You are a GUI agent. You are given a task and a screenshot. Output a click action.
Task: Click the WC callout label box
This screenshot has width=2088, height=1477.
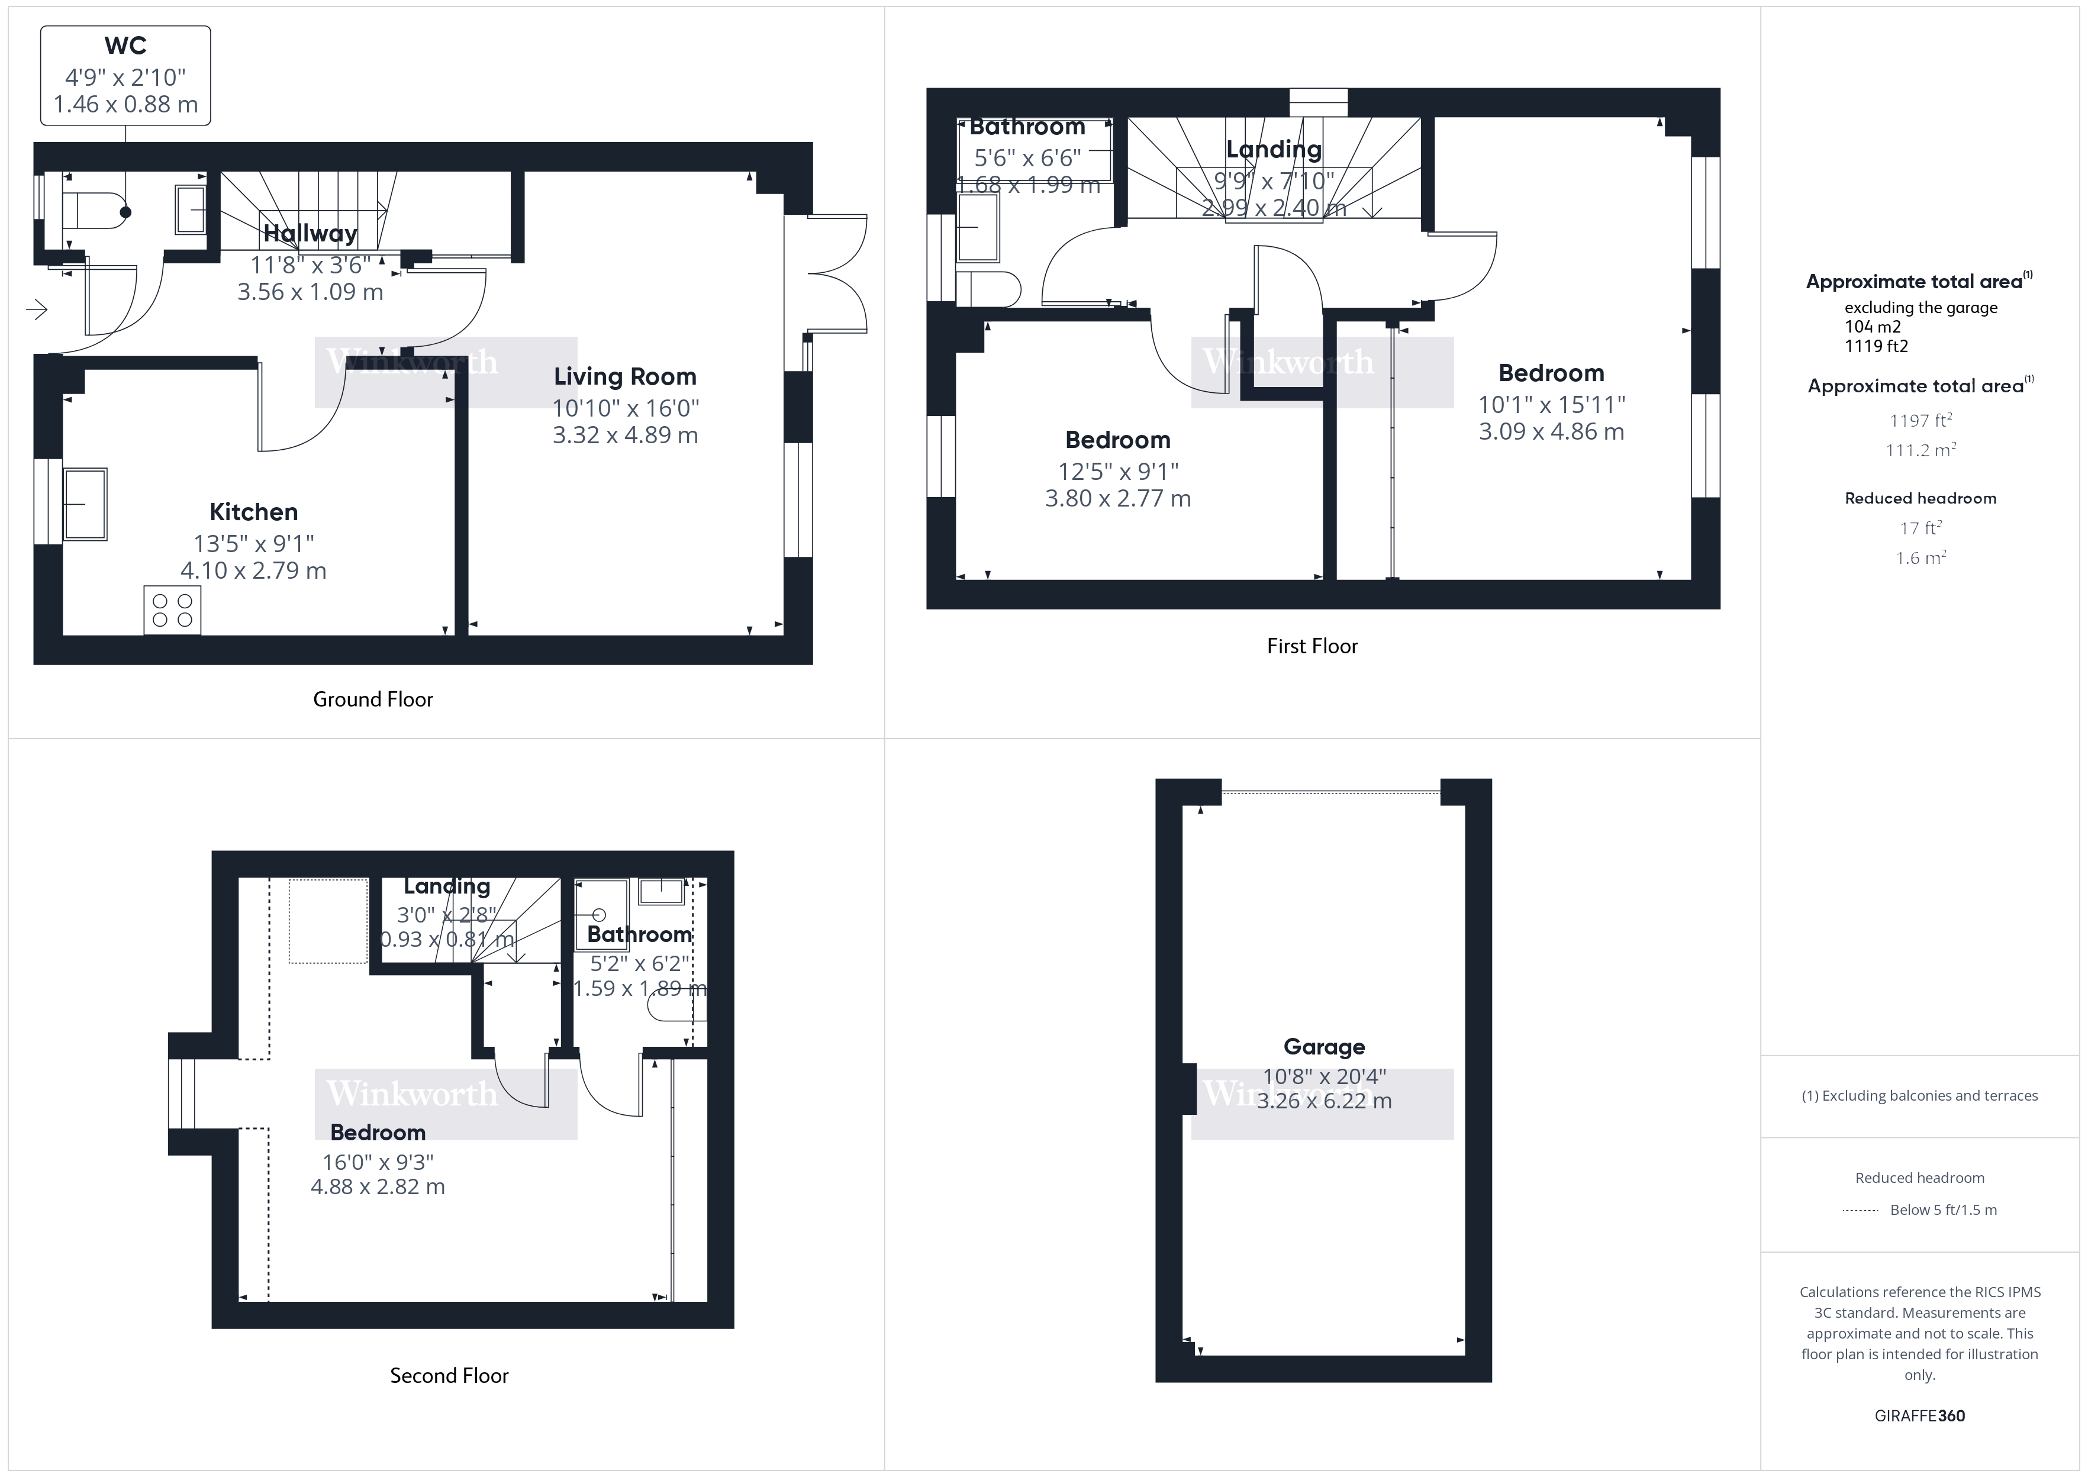pyautogui.click(x=125, y=76)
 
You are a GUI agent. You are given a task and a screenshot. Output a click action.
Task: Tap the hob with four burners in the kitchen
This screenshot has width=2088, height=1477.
pyautogui.click(x=172, y=610)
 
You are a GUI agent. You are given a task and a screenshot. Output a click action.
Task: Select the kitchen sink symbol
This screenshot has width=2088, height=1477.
pyautogui.click(x=85, y=504)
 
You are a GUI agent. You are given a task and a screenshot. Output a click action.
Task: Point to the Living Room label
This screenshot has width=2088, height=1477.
pyautogui.click(x=625, y=376)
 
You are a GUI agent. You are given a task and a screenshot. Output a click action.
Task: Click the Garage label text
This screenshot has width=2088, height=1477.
pyautogui.click(x=1323, y=1047)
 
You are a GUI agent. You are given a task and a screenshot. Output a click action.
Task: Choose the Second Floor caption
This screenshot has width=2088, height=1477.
pyautogui.click(x=449, y=1376)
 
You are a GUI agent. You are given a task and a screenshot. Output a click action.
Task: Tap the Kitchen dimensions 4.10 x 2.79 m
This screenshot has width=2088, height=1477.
pyautogui.click(x=253, y=571)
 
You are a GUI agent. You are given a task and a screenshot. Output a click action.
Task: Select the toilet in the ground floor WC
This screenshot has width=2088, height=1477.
pyautogui.click(x=95, y=212)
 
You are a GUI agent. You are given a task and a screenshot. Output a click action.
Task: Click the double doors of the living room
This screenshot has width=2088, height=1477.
pyautogui.click(x=837, y=273)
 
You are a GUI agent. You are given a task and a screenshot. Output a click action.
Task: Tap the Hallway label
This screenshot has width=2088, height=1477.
pyautogui.click(x=310, y=234)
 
